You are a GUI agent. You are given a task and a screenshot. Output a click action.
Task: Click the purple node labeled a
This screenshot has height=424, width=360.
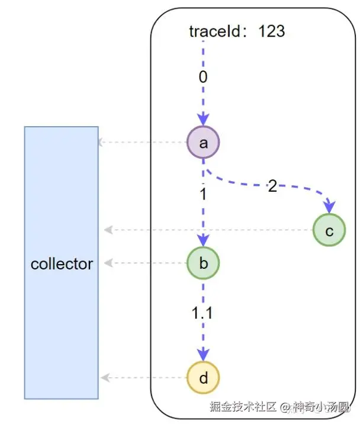[203, 142]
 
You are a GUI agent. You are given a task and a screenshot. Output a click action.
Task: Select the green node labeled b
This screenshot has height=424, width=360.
[203, 263]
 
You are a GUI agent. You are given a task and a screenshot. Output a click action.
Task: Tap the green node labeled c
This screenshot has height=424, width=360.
[329, 230]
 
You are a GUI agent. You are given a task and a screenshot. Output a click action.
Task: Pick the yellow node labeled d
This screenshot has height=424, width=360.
[203, 377]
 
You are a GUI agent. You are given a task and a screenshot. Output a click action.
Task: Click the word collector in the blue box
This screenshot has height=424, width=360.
[62, 264]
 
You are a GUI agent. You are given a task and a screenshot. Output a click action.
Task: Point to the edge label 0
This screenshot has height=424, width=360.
[203, 77]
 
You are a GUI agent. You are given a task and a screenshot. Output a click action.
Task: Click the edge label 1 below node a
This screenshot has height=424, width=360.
[203, 194]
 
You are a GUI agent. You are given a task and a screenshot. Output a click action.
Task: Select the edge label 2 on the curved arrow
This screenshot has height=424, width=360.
[272, 187]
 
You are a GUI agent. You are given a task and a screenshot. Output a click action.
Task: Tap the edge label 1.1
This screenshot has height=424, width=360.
[202, 313]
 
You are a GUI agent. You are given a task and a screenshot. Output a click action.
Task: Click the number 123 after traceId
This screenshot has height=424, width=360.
[272, 31]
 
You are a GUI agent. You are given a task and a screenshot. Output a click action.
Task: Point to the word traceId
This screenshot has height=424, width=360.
[214, 31]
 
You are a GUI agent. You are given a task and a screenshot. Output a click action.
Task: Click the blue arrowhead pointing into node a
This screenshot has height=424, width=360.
[203, 119]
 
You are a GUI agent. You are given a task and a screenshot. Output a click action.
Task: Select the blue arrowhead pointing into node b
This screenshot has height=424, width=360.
[203, 240]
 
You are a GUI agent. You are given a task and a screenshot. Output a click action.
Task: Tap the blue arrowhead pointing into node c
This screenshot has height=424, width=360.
[329, 207]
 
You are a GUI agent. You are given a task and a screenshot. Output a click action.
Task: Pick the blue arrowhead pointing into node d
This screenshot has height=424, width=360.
[203, 355]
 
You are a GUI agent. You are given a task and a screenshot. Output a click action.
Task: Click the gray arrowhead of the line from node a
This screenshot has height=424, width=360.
[101, 142]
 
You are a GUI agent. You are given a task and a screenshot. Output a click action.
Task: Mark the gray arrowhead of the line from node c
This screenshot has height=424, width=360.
[108, 230]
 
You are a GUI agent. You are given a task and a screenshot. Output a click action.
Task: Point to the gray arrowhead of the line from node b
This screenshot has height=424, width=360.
[108, 263]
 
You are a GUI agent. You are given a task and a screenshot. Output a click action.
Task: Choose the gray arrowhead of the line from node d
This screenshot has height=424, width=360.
[105, 377]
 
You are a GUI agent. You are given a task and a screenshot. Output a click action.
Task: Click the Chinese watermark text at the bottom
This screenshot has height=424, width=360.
[279, 406]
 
